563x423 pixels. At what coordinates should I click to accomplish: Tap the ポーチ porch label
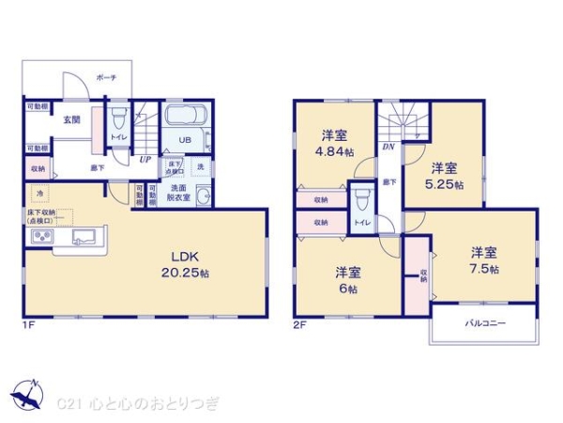[x=106, y=78]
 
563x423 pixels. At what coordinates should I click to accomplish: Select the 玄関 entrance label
[x=71, y=119]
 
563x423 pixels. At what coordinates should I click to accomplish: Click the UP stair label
[x=145, y=159]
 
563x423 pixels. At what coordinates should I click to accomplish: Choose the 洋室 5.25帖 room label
[x=444, y=176]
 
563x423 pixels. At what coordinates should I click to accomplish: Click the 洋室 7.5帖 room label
[x=484, y=260]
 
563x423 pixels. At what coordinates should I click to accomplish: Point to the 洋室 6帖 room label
[x=348, y=281]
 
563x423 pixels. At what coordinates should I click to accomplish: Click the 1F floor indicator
[x=29, y=324]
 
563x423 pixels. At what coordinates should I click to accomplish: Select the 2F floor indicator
[x=300, y=324]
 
